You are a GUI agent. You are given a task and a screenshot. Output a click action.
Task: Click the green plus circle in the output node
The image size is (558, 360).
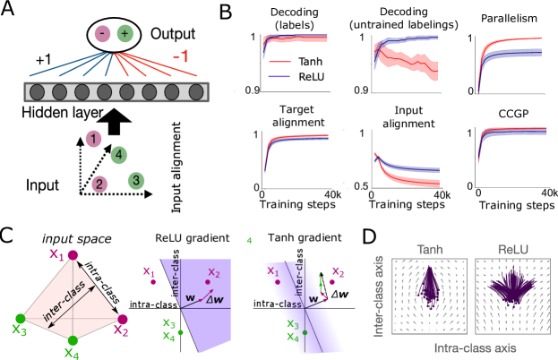[124, 34]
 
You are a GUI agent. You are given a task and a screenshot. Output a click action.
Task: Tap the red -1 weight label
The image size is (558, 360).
[180, 57]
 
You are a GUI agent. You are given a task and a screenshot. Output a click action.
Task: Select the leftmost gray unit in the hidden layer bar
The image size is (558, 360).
[38, 91]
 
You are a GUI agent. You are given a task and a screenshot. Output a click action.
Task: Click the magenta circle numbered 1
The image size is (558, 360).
[94, 139]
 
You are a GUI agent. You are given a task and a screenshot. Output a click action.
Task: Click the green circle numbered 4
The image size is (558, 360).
[119, 156]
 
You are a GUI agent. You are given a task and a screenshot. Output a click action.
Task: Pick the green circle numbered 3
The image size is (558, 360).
[135, 181]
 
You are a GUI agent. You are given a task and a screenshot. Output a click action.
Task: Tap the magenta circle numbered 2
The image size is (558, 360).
[99, 184]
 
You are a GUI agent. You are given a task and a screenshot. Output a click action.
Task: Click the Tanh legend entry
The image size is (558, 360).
[296, 62]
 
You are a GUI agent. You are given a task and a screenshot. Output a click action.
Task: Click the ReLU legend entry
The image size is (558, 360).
[296, 77]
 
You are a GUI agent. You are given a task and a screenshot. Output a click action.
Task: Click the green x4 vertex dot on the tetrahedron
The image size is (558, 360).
[73, 340]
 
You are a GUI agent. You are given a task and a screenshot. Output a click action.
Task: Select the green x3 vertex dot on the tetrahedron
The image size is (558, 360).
[21, 318]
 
